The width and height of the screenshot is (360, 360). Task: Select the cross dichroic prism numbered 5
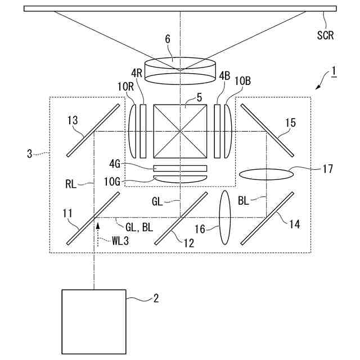(180, 132)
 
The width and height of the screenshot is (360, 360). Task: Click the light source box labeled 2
(93, 321)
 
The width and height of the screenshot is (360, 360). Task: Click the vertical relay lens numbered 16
(224, 217)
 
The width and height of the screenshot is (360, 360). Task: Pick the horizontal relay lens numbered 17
(266, 174)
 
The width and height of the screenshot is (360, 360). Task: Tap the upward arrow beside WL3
(98, 227)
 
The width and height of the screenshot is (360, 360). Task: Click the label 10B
(242, 80)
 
